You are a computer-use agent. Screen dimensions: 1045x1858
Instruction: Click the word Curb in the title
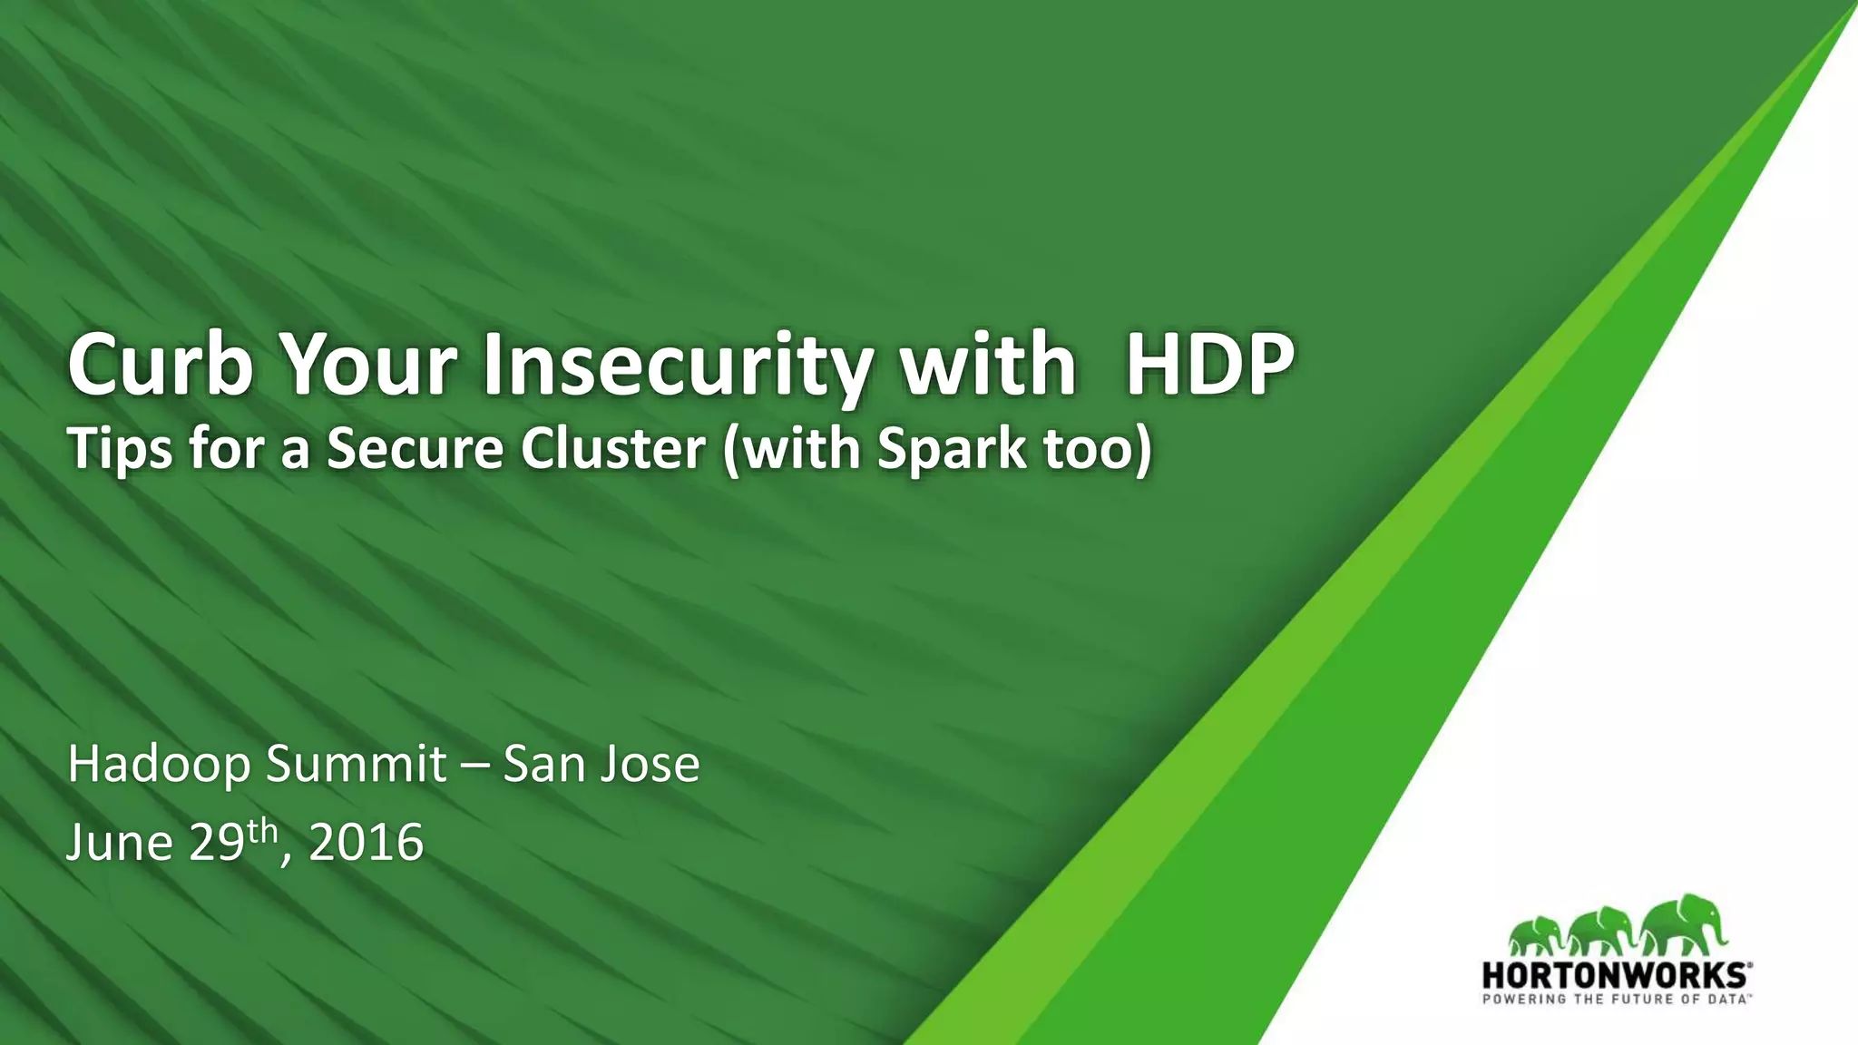point(160,365)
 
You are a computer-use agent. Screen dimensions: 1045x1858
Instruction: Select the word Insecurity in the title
point(675,365)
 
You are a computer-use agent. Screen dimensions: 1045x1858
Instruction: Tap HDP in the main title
point(1209,365)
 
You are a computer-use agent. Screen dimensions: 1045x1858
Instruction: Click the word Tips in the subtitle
point(120,449)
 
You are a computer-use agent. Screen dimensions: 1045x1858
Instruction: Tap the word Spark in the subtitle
point(952,449)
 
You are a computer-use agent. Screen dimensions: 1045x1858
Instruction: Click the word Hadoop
point(159,764)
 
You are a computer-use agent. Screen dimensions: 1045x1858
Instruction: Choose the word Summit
point(355,764)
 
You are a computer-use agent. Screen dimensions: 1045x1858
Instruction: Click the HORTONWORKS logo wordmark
point(1615,976)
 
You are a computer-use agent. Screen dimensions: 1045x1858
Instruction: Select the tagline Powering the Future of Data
point(1615,1000)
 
